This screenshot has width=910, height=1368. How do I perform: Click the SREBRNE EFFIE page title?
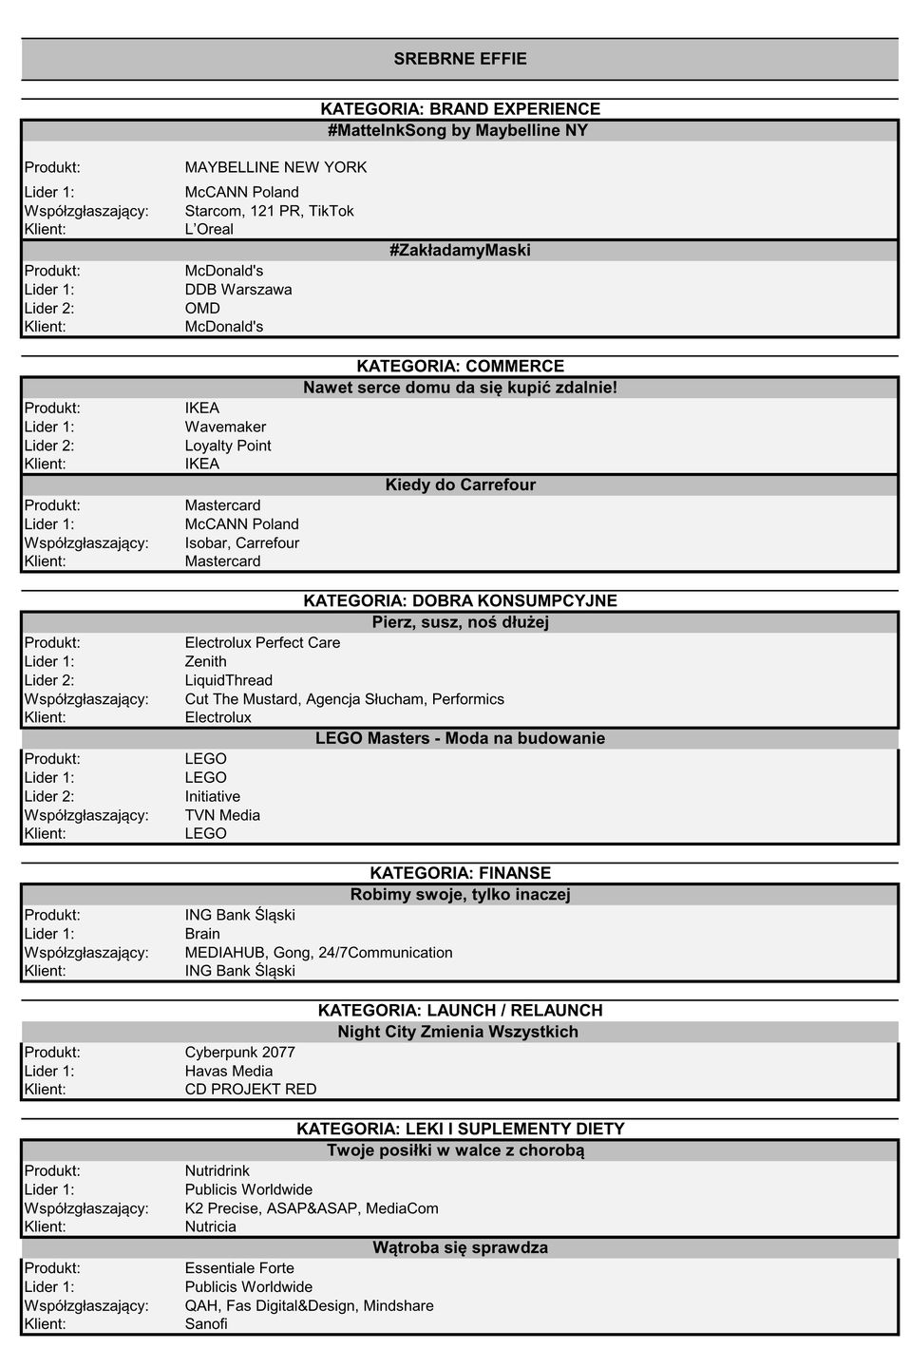(460, 59)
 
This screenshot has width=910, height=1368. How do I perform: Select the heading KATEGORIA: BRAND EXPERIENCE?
(460, 109)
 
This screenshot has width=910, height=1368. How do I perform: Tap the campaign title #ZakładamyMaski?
(460, 251)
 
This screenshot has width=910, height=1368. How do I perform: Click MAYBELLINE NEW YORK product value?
(275, 167)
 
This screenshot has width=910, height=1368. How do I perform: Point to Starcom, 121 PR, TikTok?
(269, 211)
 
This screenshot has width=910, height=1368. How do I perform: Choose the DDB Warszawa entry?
(238, 290)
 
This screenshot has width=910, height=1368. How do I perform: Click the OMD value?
(202, 309)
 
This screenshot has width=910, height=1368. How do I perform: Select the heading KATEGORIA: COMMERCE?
(460, 367)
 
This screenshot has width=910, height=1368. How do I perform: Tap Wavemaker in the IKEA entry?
(225, 427)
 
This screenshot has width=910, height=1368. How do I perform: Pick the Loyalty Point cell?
(228, 446)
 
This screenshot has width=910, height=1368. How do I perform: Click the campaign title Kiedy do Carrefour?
(460, 485)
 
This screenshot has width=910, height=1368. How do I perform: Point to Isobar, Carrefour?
(242, 543)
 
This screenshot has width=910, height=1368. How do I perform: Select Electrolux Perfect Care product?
(262, 643)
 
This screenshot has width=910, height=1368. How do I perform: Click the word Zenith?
(206, 662)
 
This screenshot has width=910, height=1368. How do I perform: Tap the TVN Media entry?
(222, 815)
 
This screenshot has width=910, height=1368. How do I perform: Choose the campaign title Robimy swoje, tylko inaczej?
(460, 895)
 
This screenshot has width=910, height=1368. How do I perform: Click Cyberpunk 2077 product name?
(239, 1053)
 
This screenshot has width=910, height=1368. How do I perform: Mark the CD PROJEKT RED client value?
(251, 1090)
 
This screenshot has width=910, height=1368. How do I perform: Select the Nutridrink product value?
(218, 1171)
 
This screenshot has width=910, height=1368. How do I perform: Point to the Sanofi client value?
(206, 1324)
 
